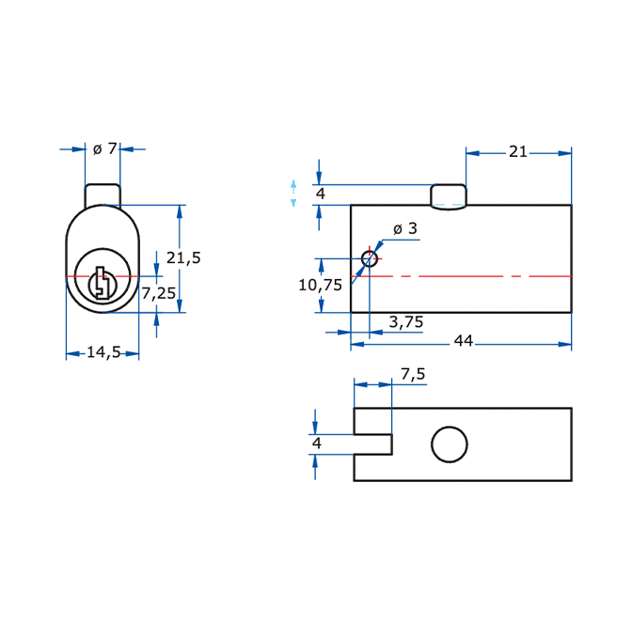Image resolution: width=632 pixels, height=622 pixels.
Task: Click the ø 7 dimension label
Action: pos(104,148)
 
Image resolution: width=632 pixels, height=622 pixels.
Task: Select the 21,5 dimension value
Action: pos(183,257)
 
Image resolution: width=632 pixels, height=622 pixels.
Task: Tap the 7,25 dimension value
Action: pos(158,293)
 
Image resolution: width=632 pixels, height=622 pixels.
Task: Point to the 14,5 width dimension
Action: pos(103,353)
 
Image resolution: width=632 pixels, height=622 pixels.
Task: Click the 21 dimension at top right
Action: pos(518,152)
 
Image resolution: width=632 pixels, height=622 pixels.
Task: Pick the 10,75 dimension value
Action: pos(320,285)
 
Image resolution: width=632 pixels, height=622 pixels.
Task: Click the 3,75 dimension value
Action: pos(405,322)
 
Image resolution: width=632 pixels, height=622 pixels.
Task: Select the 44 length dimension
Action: pos(463,340)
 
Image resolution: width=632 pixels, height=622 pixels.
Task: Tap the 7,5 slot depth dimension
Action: pos(413,374)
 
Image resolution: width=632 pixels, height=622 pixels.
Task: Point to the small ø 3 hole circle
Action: pos(370,258)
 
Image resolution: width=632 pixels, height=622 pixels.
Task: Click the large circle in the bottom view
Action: pos(450,443)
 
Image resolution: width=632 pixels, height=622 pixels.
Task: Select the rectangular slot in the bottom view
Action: pos(372,444)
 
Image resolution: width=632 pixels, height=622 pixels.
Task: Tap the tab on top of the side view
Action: pos(449,196)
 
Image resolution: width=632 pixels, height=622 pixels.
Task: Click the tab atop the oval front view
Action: pos(103,194)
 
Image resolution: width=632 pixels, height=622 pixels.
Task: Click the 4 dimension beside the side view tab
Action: pos(320,194)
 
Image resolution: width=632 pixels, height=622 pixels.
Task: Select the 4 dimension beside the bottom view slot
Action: pos(317,443)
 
